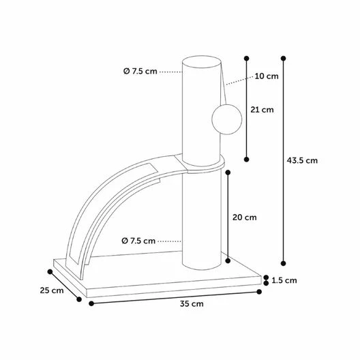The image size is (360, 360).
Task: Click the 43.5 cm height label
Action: (x=302, y=160)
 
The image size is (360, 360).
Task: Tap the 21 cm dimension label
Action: (x=262, y=110)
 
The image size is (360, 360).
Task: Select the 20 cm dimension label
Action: (x=245, y=217)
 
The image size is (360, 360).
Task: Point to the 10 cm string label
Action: (x=267, y=76)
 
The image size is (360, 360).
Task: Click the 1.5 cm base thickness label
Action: (x=284, y=280)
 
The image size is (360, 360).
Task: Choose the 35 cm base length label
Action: (x=192, y=304)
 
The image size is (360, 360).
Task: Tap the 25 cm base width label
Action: (x=52, y=290)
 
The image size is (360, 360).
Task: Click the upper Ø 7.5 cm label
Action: (x=140, y=71)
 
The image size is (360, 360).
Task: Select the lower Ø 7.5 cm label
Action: (x=138, y=241)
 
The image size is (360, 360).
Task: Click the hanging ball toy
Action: (x=227, y=119)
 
